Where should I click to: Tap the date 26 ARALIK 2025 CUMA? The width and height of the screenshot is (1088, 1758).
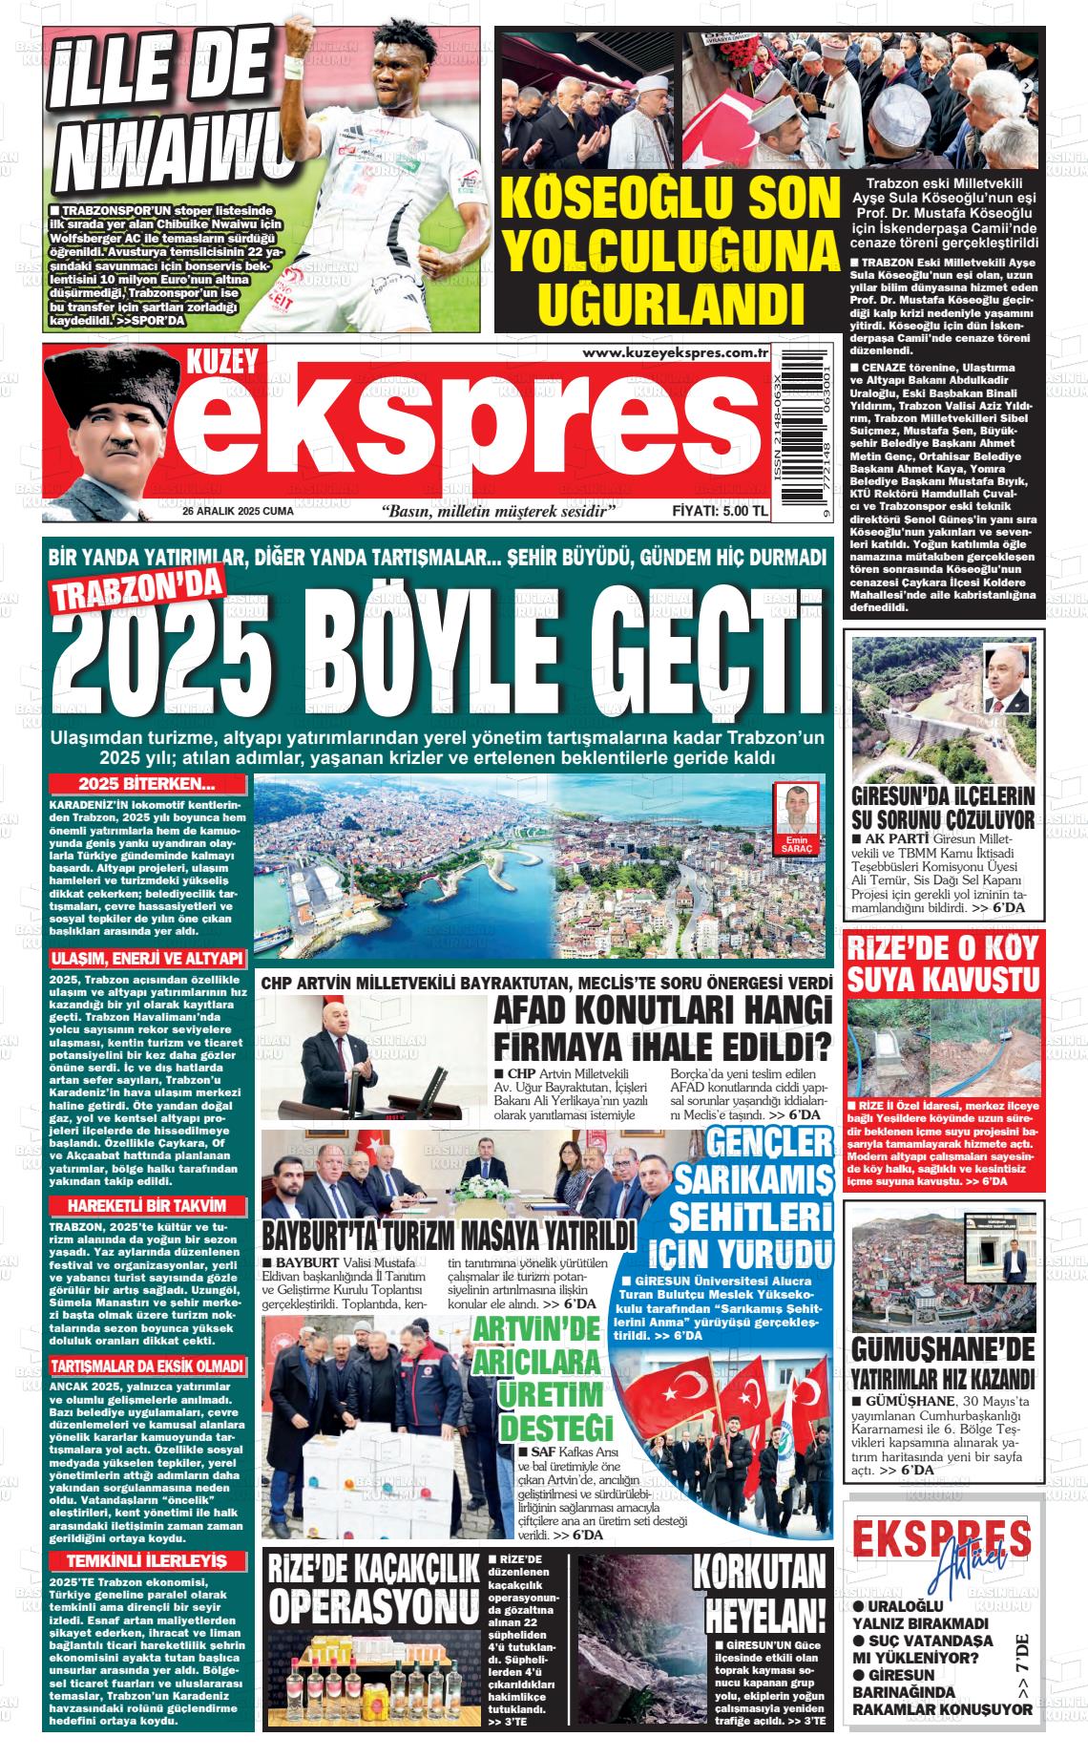point(238,512)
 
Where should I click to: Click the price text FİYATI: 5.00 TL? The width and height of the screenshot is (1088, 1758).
point(721,512)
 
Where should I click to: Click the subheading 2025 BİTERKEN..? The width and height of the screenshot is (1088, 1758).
point(148,785)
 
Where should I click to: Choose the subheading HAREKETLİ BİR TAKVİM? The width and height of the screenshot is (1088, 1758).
point(148,1205)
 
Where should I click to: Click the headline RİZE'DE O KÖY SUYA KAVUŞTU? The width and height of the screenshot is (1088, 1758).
point(944,964)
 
